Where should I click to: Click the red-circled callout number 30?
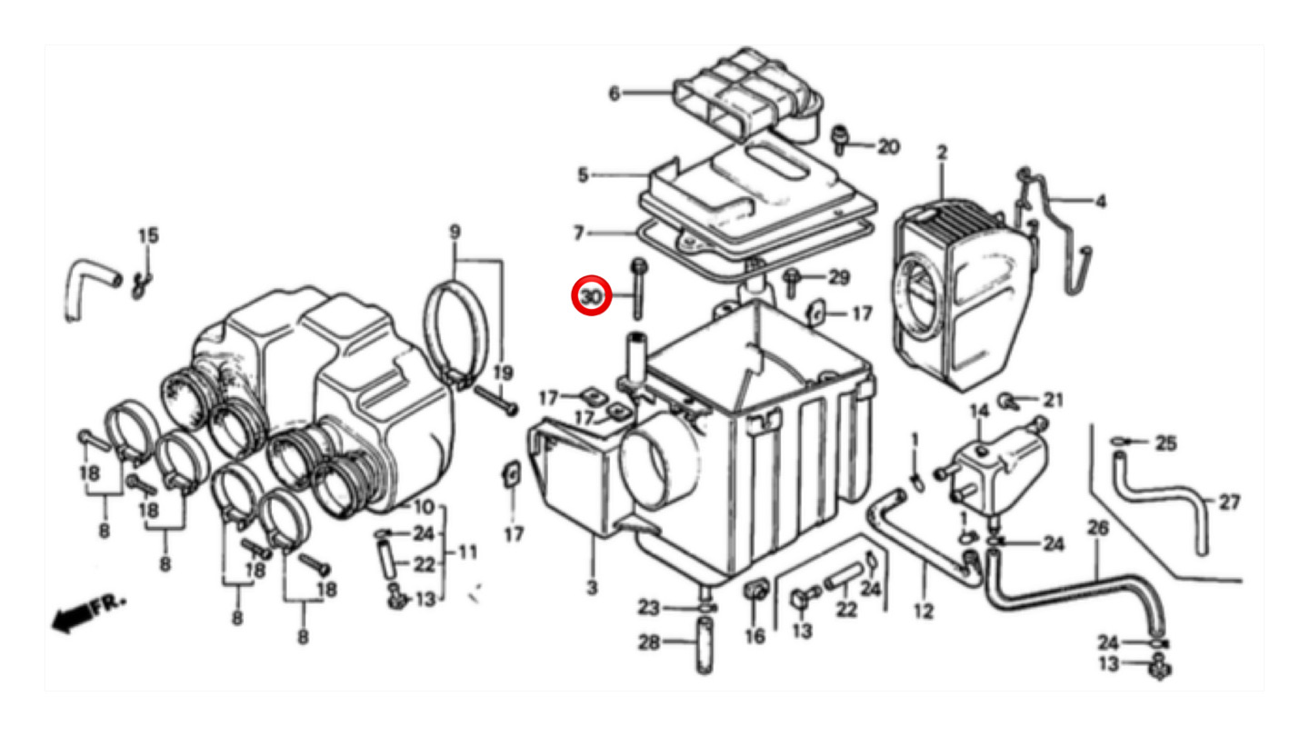click(x=592, y=297)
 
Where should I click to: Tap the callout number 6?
click(x=615, y=94)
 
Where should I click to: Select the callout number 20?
click(x=888, y=147)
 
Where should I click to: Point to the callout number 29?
click(x=839, y=277)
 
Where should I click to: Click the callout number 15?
click(x=148, y=236)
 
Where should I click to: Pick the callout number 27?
click(x=1230, y=502)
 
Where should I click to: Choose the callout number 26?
click(x=1097, y=528)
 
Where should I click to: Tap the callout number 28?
click(x=649, y=643)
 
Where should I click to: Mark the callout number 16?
click(x=755, y=636)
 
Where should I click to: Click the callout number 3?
click(x=593, y=588)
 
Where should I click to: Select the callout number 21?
click(x=1053, y=401)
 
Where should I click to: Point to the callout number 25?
click(x=1165, y=444)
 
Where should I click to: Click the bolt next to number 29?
click(x=791, y=283)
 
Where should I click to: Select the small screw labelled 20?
click(x=840, y=139)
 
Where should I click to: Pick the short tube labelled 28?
click(x=705, y=646)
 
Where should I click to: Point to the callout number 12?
click(x=924, y=612)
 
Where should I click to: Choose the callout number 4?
click(x=1101, y=202)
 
